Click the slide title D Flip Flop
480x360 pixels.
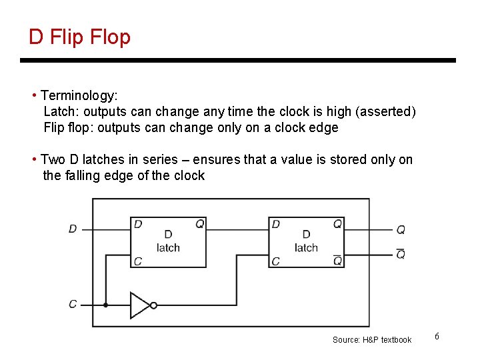pos(79,37)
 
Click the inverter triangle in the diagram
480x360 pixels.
pos(140,305)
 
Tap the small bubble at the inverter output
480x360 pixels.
pos(154,305)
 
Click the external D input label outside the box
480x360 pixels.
pos(73,229)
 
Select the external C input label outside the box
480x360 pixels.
pos(73,304)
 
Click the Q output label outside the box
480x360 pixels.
pos(401,230)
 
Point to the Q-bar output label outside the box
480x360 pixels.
pos(401,254)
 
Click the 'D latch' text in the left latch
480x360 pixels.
pos(168,241)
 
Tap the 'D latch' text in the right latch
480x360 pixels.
pos(306,241)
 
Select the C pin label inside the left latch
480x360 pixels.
pos(138,261)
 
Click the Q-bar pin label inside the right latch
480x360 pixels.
pos(337,260)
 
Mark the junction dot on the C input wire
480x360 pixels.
pos(105,305)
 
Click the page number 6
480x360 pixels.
pos(437,336)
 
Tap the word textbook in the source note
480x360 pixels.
pos(397,340)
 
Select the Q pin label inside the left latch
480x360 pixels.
pos(199,224)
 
